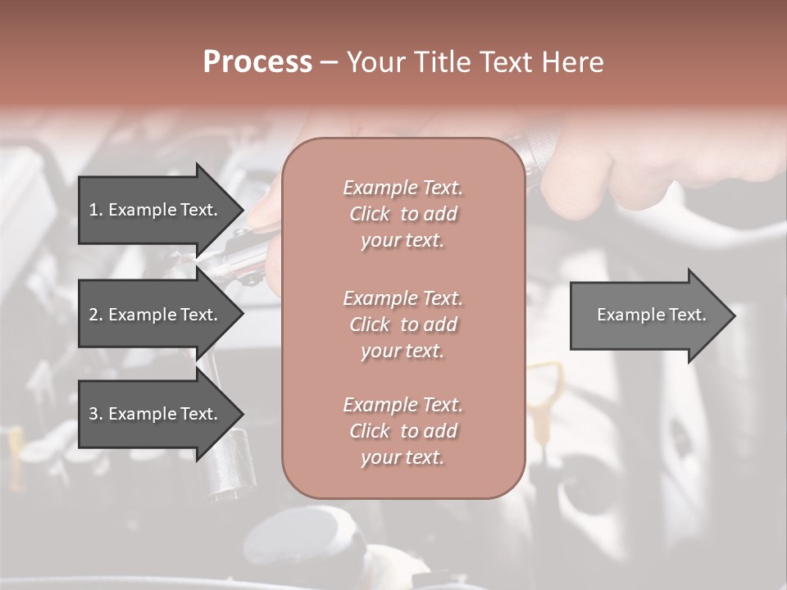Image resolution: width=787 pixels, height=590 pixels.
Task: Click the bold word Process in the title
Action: (257, 62)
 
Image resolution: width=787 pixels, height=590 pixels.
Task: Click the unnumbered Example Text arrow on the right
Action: (648, 315)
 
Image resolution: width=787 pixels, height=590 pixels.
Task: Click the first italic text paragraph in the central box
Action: (403, 214)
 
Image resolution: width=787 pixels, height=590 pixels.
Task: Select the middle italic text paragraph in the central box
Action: (403, 324)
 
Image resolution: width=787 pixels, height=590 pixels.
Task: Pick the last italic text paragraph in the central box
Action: (403, 431)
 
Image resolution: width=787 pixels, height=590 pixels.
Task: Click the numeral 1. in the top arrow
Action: (95, 210)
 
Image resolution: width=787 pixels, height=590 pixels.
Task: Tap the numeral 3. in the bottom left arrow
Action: (95, 414)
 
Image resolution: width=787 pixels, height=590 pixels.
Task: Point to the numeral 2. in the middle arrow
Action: (95, 315)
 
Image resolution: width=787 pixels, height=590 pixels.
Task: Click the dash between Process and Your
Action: (330, 62)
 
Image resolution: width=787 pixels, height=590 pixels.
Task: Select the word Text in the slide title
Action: (502, 62)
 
